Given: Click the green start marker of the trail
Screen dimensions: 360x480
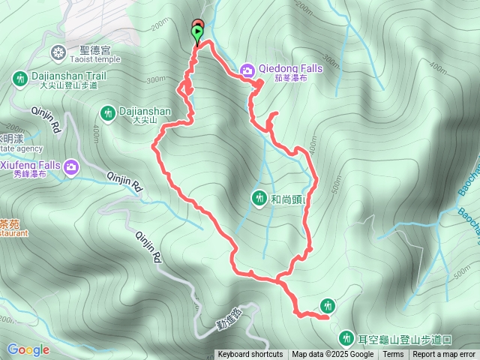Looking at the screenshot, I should pos(198,32).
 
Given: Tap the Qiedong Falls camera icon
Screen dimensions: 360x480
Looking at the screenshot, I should pos(247,70).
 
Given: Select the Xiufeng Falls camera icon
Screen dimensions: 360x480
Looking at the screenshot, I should pos(71,166).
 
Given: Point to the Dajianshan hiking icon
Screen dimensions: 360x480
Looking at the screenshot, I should pos(108,112).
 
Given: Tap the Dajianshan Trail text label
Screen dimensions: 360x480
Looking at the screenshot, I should pos(69,76).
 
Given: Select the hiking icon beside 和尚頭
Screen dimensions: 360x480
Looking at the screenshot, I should pos(259,197).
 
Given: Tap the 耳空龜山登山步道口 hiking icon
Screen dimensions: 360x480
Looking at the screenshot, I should pos(346,337).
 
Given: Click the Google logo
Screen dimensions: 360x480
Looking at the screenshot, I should pos(28,349).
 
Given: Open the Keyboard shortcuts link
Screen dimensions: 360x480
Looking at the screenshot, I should pos(250,355).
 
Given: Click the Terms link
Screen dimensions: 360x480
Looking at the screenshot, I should pos(393,355).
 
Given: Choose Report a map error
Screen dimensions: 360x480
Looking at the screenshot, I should pos(444,355).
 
